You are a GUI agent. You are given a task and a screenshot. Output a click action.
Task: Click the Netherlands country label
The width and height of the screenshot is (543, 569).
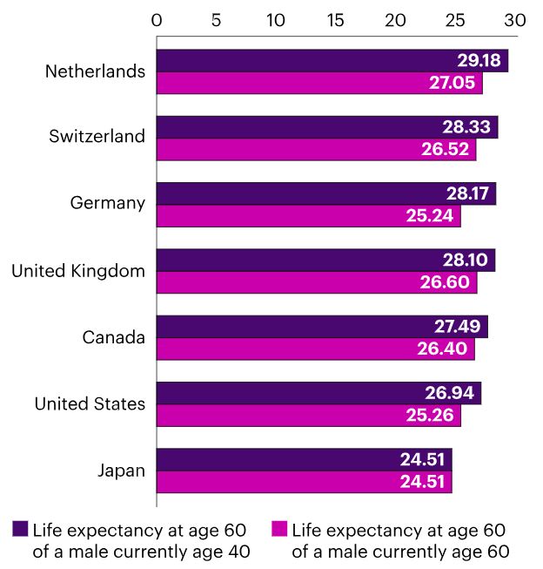point(95,71)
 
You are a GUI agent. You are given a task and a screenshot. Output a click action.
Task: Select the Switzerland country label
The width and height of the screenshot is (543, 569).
point(97,137)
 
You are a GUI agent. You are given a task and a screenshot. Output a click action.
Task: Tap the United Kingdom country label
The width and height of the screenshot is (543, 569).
point(77,271)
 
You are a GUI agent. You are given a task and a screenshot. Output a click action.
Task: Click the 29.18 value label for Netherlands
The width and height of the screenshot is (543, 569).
point(478,61)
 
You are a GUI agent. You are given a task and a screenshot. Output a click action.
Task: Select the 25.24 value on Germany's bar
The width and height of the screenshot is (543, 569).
point(429,216)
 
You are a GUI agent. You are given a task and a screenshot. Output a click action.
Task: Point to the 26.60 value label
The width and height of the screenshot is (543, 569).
point(446,282)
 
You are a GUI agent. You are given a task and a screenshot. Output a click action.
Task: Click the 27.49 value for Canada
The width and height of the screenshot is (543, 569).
point(457,327)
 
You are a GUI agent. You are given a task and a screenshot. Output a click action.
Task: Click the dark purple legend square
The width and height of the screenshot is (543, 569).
point(20,528)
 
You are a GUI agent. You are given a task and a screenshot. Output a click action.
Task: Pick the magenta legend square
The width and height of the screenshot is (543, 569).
point(279,528)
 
